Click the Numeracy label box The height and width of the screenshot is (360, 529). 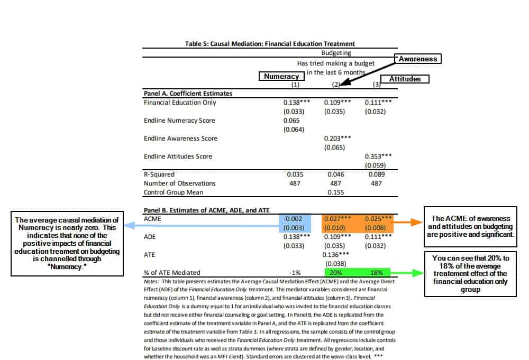point(282,76)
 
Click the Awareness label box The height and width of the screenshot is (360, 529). point(418,59)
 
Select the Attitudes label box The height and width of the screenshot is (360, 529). point(405,79)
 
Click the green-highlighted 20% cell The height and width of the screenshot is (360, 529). point(336,272)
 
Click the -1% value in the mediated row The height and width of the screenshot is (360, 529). point(295,272)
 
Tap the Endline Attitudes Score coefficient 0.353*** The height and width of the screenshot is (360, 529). point(378,156)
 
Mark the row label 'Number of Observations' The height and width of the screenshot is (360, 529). point(180,183)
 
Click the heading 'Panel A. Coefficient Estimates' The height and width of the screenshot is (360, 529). point(188,94)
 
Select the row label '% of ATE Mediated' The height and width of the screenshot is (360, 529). point(172,272)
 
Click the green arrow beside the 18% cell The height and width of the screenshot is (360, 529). point(407,273)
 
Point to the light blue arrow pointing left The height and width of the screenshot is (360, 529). point(201,224)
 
